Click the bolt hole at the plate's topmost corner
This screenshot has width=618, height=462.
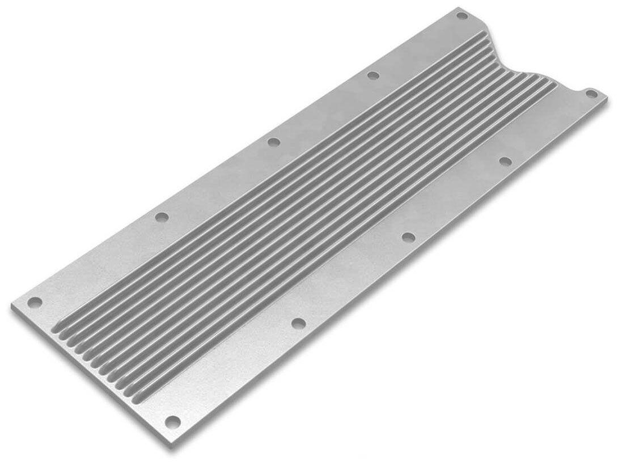tap(461, 15)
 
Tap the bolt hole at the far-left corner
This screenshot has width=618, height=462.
tap(35, 302)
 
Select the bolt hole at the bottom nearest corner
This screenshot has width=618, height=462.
tap(172, 421)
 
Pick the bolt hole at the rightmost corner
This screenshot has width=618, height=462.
tap(590, 94)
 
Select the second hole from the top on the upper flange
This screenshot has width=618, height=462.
tap(373, 75)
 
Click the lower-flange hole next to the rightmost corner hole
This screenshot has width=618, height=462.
tap(505, 162)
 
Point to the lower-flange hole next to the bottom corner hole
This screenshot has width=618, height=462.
tap(298, 323)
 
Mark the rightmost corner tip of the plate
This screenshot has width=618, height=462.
tap(607, 98)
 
